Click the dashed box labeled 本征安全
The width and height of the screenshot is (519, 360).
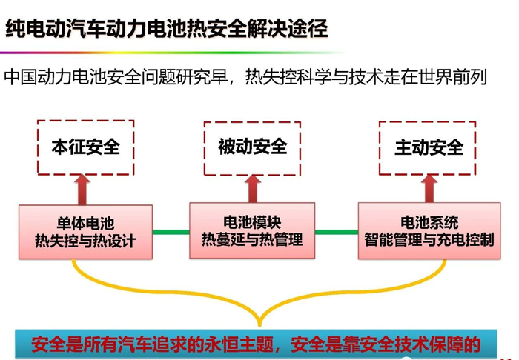[85, 147]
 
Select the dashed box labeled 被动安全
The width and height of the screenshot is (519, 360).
[252, 147]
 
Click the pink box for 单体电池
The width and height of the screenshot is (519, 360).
[85, 231]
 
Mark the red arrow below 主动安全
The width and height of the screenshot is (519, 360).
[429, 188]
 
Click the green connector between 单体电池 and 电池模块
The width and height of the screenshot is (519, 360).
[171, 232]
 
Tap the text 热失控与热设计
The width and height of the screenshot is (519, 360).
[85, 241]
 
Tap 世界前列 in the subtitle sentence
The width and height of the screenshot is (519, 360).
[458, 76]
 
